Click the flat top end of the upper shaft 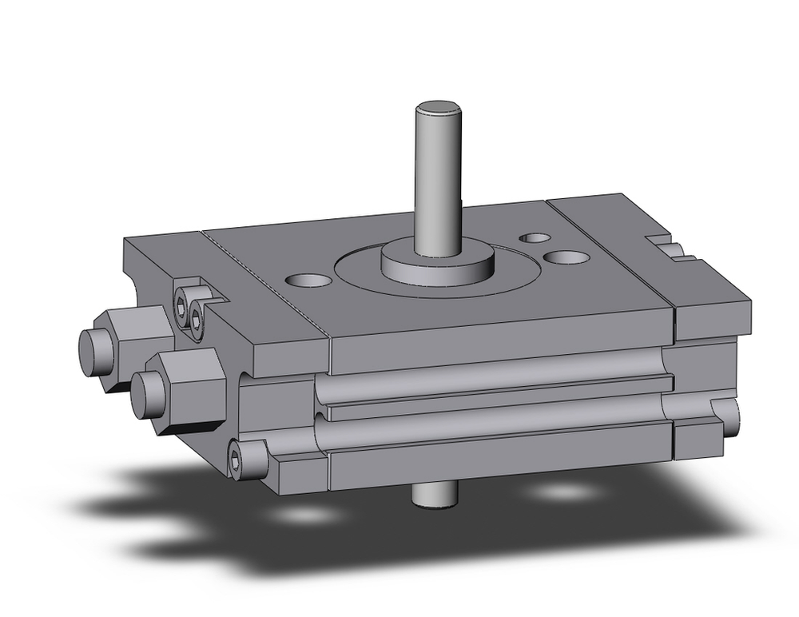[x=436, y=107]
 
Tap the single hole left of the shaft [x=309, y=281]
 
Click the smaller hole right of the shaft [x=534, y=238]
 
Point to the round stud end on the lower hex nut [x=145, y=392]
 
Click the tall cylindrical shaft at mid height [x=437, y=176]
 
